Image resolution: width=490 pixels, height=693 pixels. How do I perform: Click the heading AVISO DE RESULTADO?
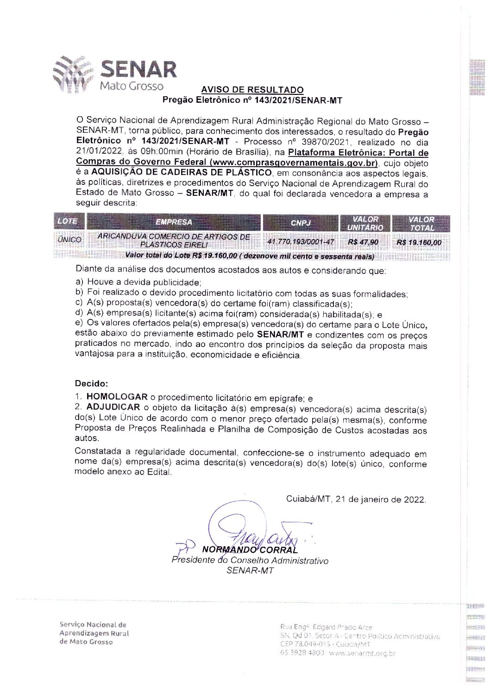tap(252, 90)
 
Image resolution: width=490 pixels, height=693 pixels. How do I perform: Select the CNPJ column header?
tap(300, 223)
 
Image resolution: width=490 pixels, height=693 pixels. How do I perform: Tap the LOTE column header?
tap(68, 221)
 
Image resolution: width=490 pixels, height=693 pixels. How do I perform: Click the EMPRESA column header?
tap(174, 222)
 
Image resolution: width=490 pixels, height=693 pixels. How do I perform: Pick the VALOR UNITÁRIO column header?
tap(365, 223)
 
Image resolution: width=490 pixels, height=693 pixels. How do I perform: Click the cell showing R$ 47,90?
tap(363, 242)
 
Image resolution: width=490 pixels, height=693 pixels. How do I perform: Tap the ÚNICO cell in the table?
tap(69, 240)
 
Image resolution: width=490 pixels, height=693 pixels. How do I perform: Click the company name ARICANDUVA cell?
tap(174, 240)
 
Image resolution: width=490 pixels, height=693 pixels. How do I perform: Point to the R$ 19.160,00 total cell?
tap(419, 242)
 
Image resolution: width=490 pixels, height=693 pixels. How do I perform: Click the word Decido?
tap(91, 384)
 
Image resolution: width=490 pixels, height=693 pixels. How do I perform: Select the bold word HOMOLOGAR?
tap(117, 397)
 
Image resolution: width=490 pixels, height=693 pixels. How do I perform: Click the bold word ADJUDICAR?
tap(113, 407)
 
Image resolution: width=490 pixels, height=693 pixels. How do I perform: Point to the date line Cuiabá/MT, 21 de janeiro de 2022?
tap(356, 499)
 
